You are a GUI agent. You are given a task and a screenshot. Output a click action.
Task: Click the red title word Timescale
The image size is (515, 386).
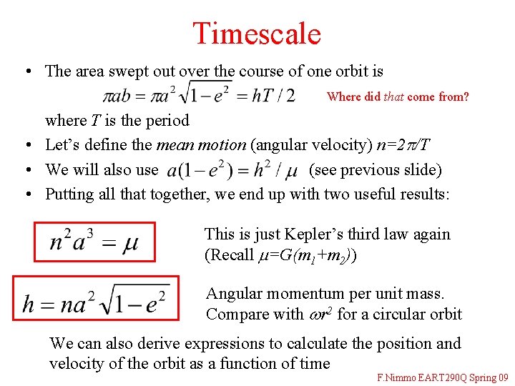point(257,33)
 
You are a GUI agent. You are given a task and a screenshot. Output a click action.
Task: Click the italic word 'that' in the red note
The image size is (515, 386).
point(393,96)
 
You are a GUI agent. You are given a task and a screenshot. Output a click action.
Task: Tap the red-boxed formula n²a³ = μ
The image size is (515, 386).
point(94,242)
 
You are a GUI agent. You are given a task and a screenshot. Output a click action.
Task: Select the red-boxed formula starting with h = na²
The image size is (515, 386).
point(96,300)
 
